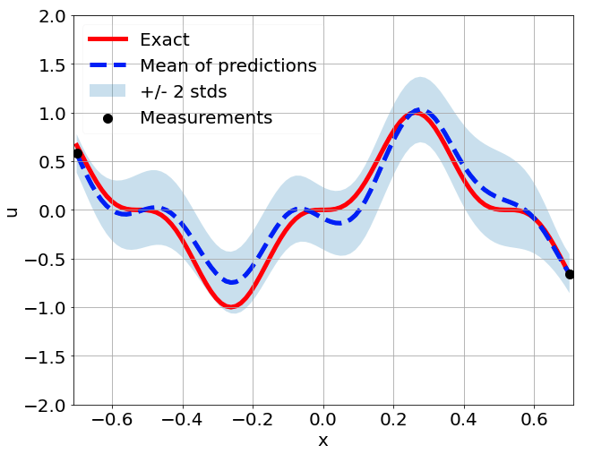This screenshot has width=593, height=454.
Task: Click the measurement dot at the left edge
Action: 77,154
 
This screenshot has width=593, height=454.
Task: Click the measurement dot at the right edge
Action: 570,274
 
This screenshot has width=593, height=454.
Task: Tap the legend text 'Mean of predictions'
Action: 228,66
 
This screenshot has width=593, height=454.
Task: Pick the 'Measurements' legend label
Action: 206,118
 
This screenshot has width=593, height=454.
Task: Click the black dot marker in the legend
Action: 107,118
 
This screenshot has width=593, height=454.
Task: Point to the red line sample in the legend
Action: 107,40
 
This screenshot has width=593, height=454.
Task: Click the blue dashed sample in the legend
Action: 107,66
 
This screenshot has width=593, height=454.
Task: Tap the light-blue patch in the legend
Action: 107,91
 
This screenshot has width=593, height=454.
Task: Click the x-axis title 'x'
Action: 322,441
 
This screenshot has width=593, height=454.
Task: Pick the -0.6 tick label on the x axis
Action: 111,419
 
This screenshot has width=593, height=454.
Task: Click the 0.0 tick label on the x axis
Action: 323,419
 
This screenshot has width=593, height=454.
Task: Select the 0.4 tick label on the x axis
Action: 463,419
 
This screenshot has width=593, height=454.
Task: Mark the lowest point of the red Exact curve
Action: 231,306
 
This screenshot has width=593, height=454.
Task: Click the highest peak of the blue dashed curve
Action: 420,111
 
